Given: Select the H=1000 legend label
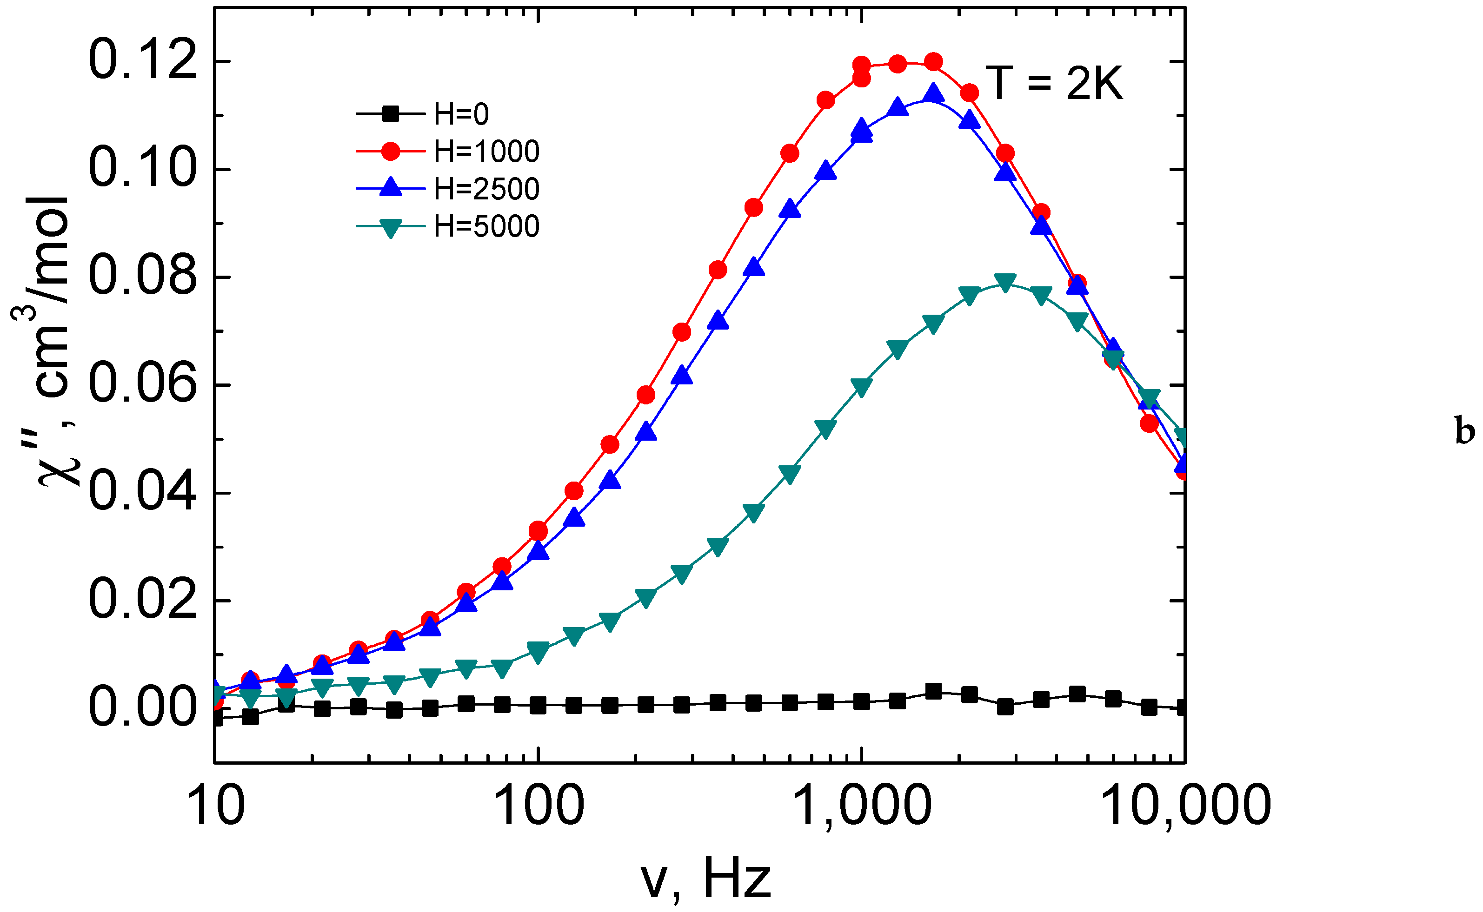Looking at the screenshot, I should click(486, 152).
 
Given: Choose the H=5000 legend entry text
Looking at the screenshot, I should click(486, 227).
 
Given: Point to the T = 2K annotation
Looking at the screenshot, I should click(1054, 83).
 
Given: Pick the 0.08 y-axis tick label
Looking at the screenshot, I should click(142, 277).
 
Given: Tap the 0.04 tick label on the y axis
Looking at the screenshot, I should click(142, 493).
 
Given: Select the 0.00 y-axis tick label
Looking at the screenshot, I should click(142, 707).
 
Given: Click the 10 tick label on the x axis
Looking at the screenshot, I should click(216, 806).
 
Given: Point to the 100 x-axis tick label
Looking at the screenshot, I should click(538, 806).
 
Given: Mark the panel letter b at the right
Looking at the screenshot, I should click(1465, 432).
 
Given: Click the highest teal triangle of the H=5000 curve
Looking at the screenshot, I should click(1005, 282).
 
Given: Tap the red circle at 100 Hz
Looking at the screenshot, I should click(538, 531).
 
